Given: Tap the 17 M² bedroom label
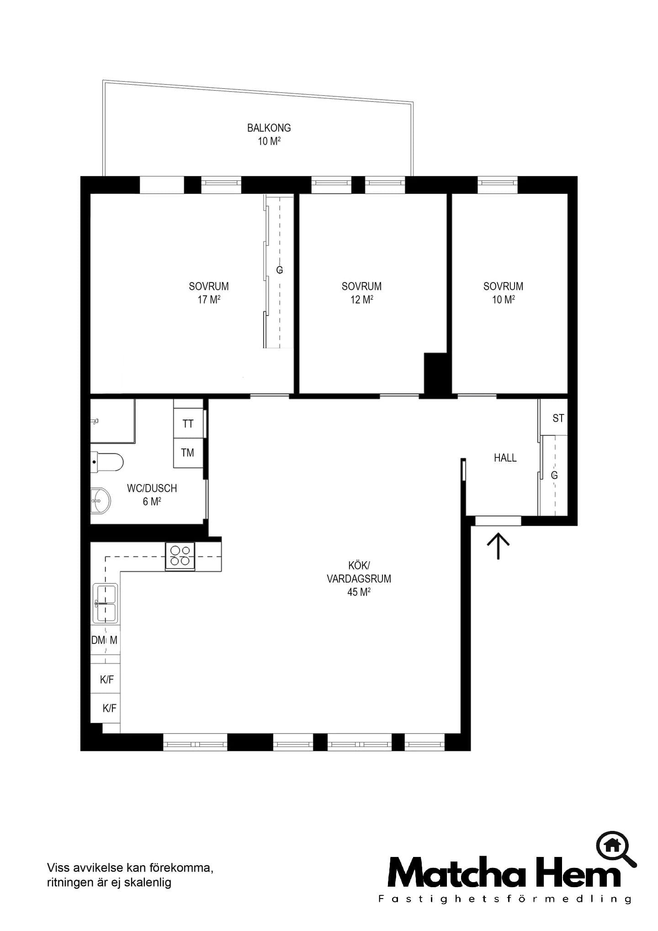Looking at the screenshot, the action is [x=209, y=293].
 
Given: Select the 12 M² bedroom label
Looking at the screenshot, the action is [x=361, y=293].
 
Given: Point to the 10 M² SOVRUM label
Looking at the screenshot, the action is [x=503, y=293].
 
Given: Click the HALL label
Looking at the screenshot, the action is [x=505, y=458].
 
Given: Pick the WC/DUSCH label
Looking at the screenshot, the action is [x=152, y=495].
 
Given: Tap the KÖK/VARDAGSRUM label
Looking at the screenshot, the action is [x=359, y=579].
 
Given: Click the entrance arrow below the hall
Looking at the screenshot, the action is [x=498, y=546].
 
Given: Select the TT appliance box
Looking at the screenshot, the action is [x=188, y=424].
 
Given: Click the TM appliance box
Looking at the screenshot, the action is [x=188, y=453].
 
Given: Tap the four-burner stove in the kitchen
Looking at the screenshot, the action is [x=180, y=556].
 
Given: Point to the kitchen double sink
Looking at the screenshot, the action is [x=105, y=603].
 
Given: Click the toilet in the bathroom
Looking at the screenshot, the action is [x=107, y=462].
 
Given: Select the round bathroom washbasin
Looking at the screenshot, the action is [x=100, y=500].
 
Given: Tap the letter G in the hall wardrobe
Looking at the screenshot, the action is [x=554, y=475].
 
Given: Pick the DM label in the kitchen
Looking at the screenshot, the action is [x=98, y=640].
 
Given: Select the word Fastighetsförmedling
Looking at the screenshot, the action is [x=504, y=899].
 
